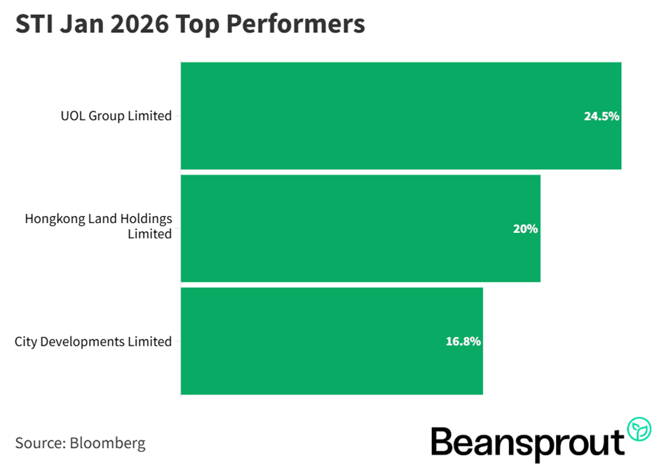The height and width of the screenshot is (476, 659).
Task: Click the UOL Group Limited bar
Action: [400, 116]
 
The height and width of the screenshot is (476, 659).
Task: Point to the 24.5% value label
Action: [601, 116]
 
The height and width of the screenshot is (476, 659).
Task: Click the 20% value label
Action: [525, 229]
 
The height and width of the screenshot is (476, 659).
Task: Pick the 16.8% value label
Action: [463, 341]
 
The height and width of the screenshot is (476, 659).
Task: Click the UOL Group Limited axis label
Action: [116, 116]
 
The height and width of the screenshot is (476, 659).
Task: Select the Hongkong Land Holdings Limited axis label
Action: [98, 226]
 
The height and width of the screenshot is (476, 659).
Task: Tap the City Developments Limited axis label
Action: [93, 341]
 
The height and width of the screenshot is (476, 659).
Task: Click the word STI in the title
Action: [34, 25]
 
